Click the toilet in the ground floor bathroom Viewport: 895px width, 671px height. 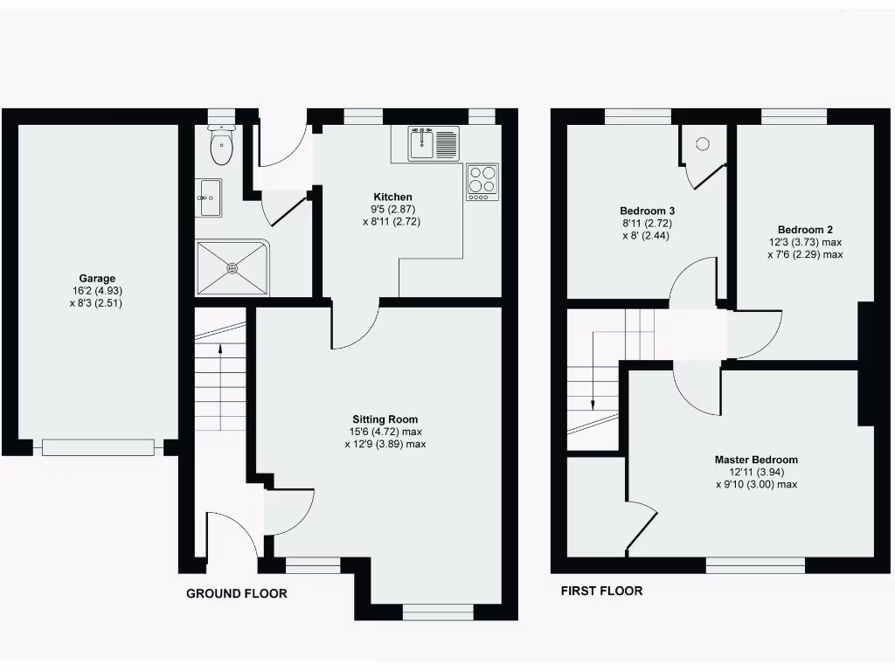pyautogui.click(x=223, y=146)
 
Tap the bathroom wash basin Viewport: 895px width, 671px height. pyautogui.click(x=208, y=197)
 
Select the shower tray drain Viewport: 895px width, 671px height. pyautogui.click(x=232, y=267)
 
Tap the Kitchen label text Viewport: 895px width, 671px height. pyautogui.click(x=392, y=197)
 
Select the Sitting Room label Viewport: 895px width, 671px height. pyautogui.click(x=385, y=419)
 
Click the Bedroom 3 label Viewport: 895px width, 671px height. pyautogui.click(x=647, y=211)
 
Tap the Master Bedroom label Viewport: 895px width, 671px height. pyautogui.click(x=756, y=460)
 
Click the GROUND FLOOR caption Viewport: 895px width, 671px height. pyautogui.click(x=236, y=594)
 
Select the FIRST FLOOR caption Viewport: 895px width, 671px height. pyautogui.click(x=601, y=591)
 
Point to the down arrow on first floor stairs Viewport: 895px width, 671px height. pyautogui.click(x=593, y=405)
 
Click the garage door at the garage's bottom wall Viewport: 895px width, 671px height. pyautogui.click(x=98, y=447)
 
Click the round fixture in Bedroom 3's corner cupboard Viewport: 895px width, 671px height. pyautogui.click(x=703, y=145)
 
